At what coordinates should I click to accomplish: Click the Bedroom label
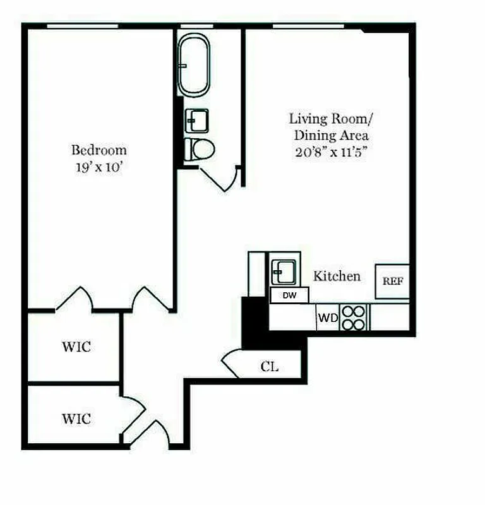pos(99,150)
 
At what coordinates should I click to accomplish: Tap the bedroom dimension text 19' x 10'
pos(99,168)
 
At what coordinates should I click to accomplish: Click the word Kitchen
pos(337,276)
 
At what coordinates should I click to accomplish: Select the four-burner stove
pos(354,317)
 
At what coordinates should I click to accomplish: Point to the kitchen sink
pos(281,271)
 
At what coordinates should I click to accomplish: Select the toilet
pos(200,150)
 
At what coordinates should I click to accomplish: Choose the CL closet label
pos(270,367)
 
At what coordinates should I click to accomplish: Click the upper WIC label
pos(76,347)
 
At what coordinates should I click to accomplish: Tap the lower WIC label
pos(76,419)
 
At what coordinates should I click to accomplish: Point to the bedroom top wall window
pos(83,26)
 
